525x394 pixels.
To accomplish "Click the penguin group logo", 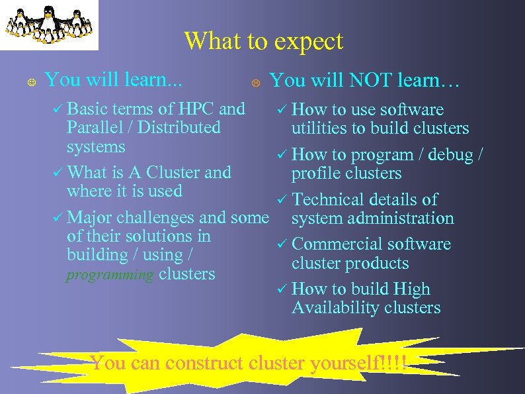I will (49, 25).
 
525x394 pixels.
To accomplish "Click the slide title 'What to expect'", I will (263, 41).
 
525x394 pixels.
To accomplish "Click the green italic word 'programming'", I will (110, 274).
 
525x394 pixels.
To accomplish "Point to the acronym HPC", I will (196, 109).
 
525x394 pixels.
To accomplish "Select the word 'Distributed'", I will (182, 127).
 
